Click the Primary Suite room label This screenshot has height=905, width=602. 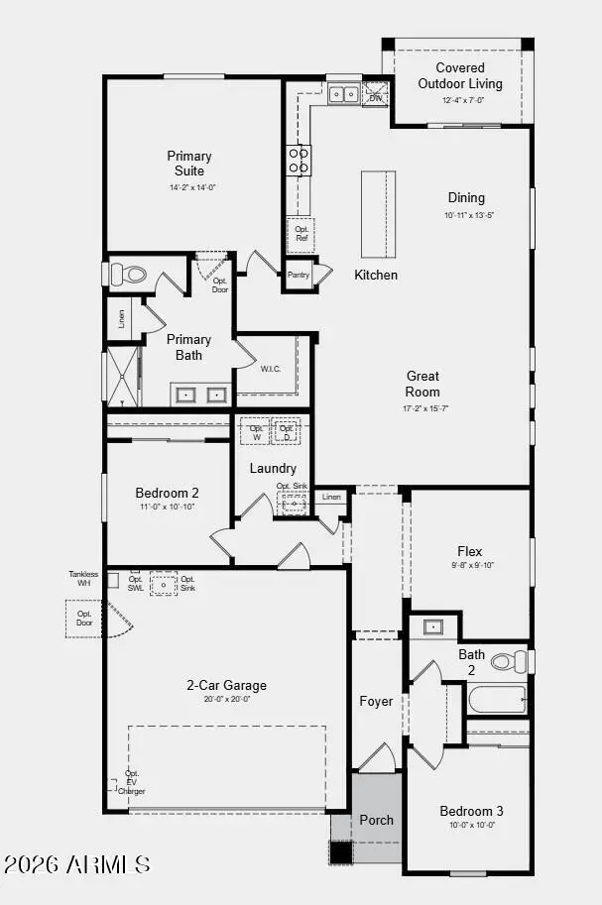188,164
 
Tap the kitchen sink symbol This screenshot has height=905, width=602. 343,95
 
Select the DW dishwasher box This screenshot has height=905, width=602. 376,95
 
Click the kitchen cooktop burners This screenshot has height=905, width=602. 299,160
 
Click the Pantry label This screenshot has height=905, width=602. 299,276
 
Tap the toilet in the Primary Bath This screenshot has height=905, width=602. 128,274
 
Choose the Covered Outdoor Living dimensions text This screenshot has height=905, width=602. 459,100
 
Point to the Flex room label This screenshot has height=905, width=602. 469,551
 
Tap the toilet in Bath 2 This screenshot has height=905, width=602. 509,661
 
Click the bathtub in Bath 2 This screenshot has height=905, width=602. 496,700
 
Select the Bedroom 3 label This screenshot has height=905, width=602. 471,812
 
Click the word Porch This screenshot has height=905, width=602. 376,820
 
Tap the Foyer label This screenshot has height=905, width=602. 376,702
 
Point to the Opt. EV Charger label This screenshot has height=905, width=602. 131,782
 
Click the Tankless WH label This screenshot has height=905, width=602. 84,578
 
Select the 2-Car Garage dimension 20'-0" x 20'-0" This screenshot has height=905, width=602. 226,700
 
